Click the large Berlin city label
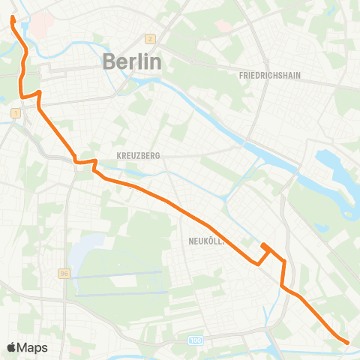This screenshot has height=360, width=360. (x=131, y=61)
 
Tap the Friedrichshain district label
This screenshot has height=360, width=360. (x=270, y=76)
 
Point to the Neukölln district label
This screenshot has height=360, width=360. (x=199, y=241)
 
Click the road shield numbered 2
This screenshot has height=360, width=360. (x=150, y=39)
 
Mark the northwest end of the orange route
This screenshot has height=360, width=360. (x=13, y=16)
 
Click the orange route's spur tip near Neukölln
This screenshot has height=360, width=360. (x=262, y=245)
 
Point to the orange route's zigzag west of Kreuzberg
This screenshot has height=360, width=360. (x=85, y=162)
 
